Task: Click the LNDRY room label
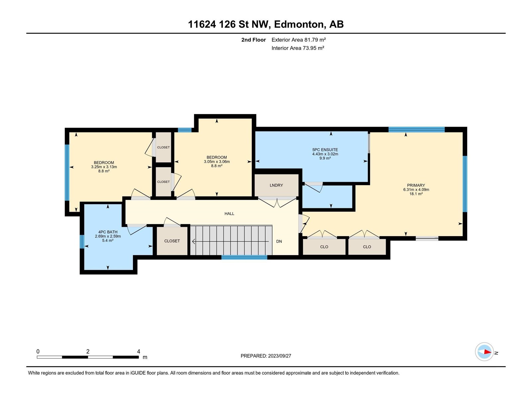[276, 185]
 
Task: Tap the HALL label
[229, 214]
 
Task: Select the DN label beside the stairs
[279, 241]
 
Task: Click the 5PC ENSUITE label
[325, 150]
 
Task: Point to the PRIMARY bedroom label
[416, 185]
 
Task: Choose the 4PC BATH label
[108, 232]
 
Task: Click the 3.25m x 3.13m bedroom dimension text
[104, 167]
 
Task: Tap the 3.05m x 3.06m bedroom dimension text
[217, 162]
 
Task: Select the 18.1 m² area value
[416, 194]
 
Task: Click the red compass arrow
[487, 352]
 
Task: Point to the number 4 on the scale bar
[138, 351]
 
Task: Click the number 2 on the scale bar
[88, 351]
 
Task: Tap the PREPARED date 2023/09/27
[279, 356]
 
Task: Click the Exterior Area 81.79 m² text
[298, 40]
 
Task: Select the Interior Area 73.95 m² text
[298, 48]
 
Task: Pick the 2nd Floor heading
[253, 40]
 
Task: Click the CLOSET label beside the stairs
[172, 241]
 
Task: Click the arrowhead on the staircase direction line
[194, 241]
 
